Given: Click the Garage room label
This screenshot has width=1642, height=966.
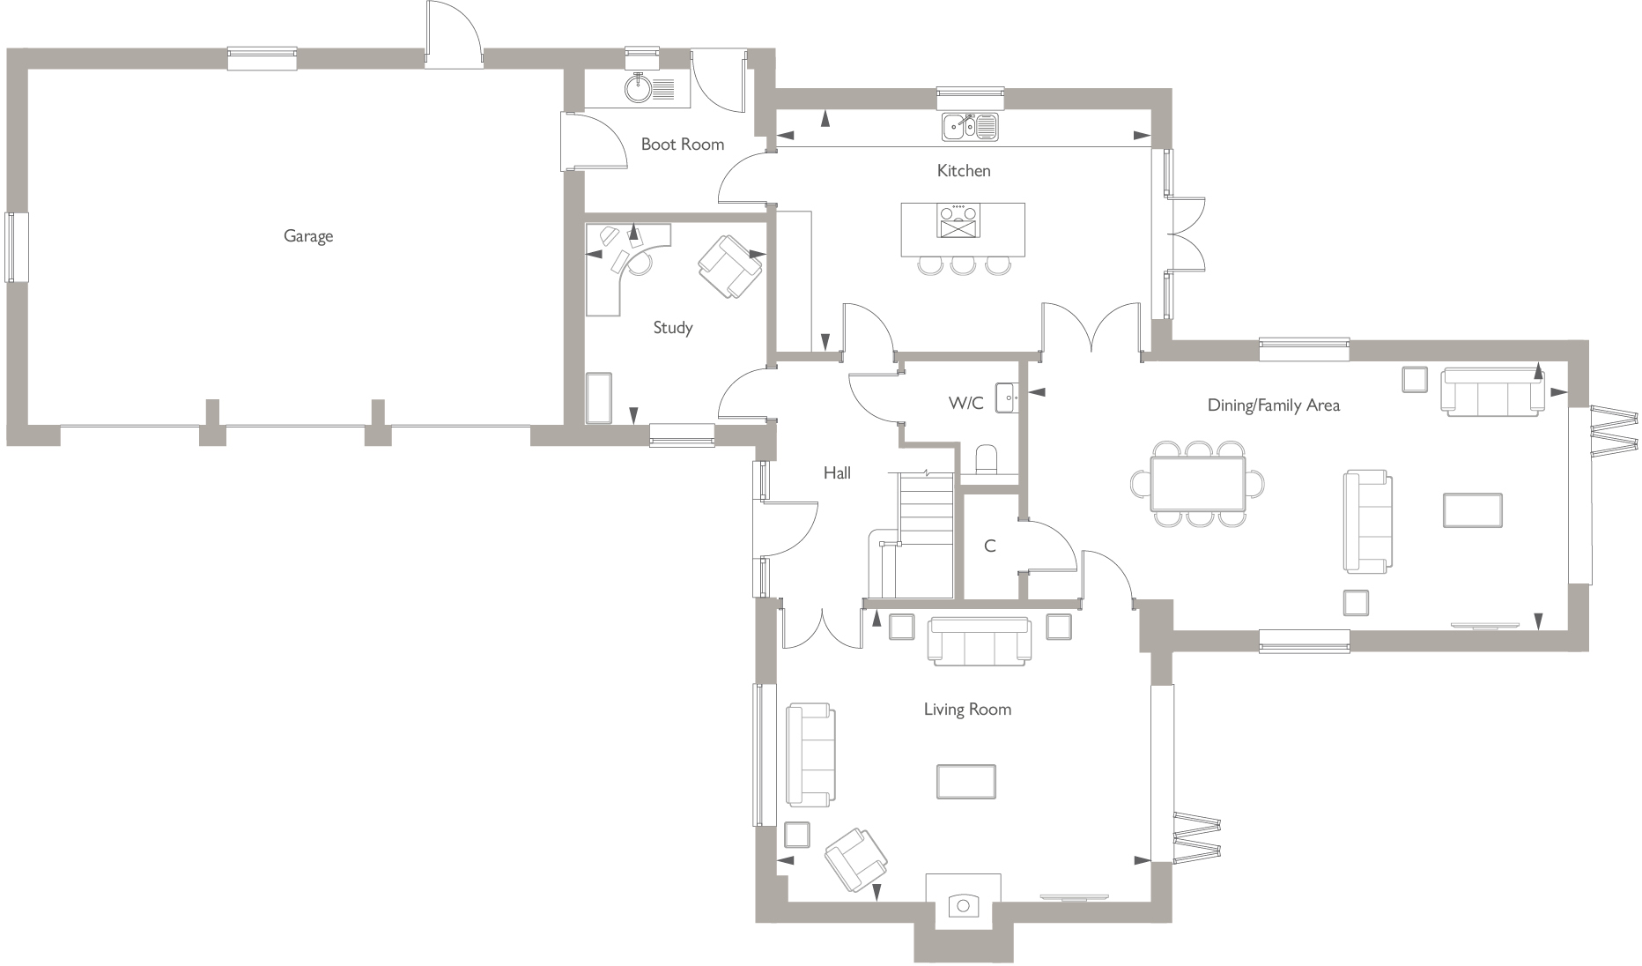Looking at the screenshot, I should pos(308,236).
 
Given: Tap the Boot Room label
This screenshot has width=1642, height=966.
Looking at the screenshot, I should pos(682,145).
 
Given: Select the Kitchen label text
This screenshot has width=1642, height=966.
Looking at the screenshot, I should pos(963,171).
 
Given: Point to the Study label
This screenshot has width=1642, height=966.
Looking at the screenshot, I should pos(672,328).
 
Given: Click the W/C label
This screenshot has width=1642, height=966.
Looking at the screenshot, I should pos(965,404).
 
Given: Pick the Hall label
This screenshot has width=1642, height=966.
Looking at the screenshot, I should pos(837,473).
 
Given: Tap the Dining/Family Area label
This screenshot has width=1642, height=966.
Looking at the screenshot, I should pos(1273,405).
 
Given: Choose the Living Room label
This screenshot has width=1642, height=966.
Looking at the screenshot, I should pos(967,710).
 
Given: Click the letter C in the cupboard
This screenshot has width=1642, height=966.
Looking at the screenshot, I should pos(989,546).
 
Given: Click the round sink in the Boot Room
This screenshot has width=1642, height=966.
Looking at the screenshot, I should pos(636,88).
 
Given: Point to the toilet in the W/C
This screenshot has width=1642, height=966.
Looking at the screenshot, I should pos(987,460).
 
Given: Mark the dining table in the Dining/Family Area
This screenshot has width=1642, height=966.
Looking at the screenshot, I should pos(1198,484).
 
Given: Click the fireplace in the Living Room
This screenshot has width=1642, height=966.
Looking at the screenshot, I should pos(962,903).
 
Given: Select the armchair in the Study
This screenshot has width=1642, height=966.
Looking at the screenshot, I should pos(729,264).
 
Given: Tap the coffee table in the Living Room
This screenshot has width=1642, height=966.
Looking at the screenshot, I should pos(965,782).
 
